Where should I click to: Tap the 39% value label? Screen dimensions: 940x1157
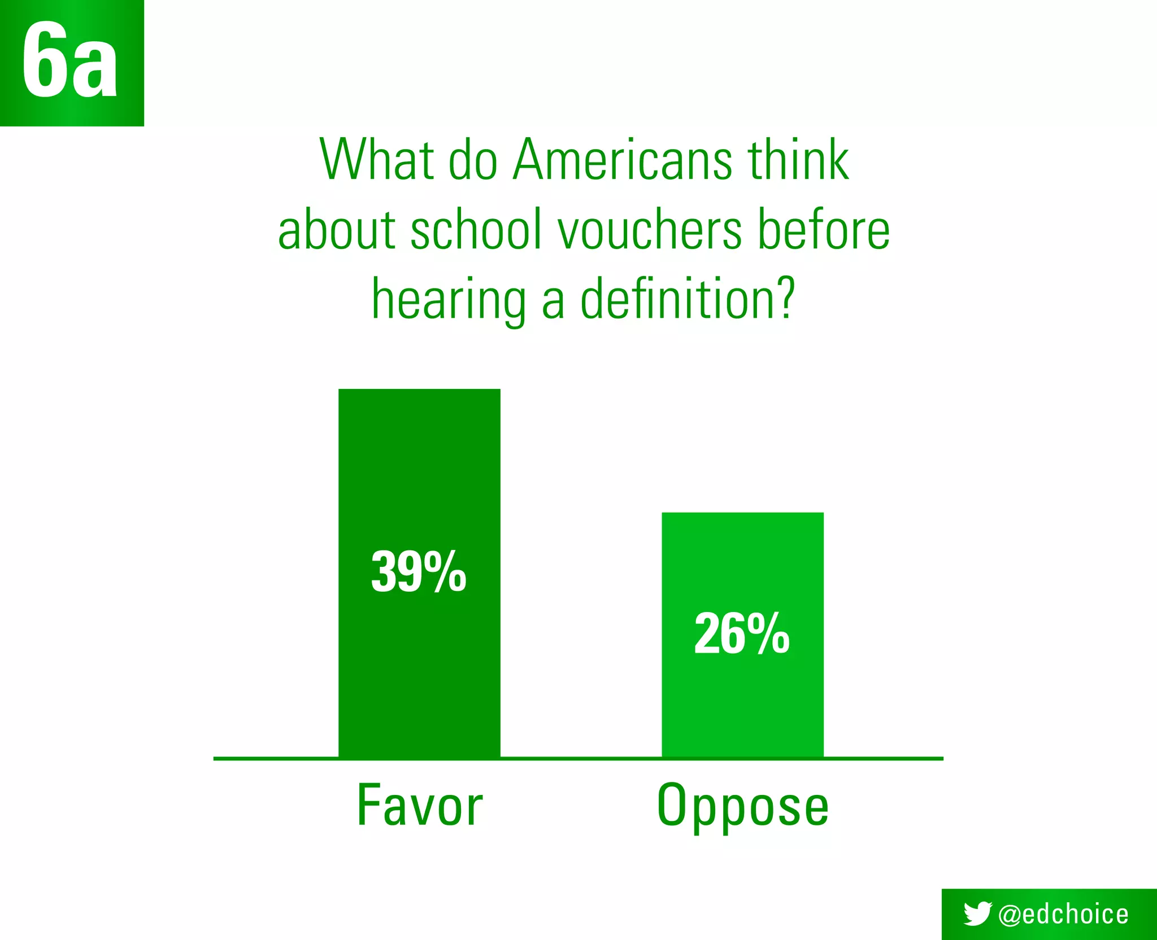[419, 572]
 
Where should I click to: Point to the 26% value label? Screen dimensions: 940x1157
[742, 634]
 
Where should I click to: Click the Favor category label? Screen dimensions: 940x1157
[420, 806]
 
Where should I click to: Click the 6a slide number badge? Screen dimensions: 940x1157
[71, 62]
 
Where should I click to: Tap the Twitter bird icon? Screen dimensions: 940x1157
[977, 913]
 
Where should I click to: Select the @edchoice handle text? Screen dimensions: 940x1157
[1063, 914]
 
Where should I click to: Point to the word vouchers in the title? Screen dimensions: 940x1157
[650, 230]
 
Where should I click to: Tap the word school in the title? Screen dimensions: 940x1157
[476, 230]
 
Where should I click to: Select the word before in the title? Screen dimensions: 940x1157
[824, 230]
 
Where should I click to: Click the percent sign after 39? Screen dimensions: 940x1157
[445, 572]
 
